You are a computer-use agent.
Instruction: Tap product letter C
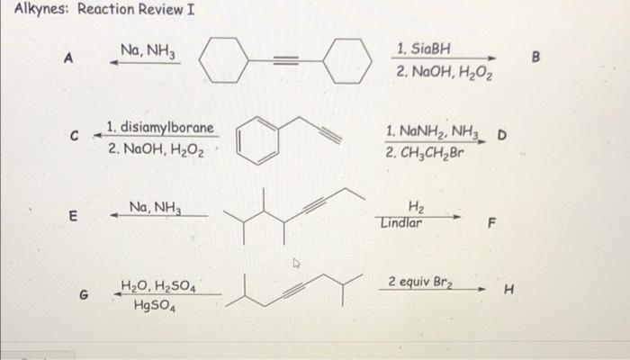click(77, 136)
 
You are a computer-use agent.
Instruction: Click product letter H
click(508, 290)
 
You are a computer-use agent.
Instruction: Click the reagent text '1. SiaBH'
click(423, 47)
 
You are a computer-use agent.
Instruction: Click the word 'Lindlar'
click(400, 223)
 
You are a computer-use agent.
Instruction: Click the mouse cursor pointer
click(296, 265)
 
